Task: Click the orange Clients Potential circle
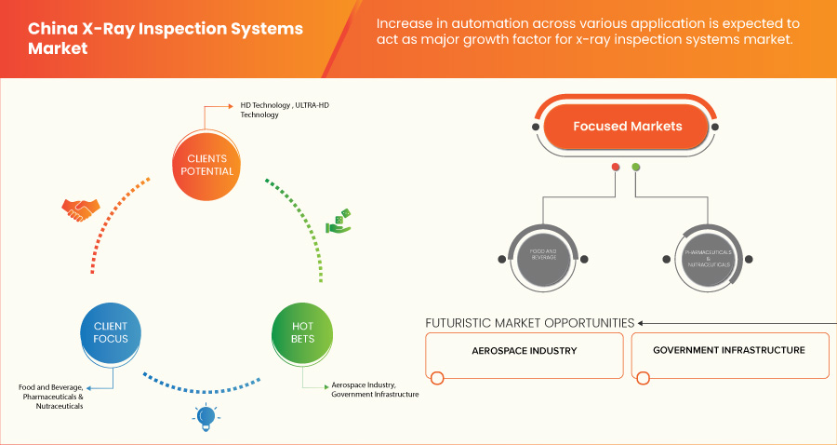(205, 165)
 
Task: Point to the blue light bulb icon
(205, 415)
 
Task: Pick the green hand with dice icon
(338, 222)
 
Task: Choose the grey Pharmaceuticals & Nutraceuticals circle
(710, 258)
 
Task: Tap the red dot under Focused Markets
(615, 168)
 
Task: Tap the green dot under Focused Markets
(636, 168)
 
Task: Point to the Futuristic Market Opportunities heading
(529, 323)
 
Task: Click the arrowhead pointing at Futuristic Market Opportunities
(642, 323)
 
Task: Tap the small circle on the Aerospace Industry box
(437, 378)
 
